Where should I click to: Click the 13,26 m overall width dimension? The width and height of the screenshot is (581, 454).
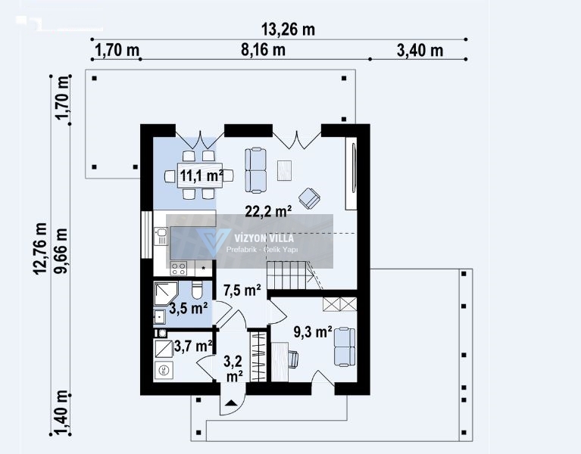coord(288,30)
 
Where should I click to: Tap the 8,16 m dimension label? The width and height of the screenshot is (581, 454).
coord(263,50)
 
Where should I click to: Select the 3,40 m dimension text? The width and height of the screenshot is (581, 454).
coord(420,51)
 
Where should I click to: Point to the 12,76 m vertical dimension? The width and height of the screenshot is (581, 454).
coord(40,248)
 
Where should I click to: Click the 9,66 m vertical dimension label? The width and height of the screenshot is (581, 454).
coord(61,250)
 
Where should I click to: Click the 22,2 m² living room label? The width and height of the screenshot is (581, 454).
coord(268,212)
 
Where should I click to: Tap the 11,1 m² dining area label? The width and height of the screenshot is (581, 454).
coord(201,175)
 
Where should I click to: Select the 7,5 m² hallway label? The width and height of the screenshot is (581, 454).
coord(242,291)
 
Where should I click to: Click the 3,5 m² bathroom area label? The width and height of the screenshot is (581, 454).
coord(188,308)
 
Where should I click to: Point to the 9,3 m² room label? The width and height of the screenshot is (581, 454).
coord(313,332)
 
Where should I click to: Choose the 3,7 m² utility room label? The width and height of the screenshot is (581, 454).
coord(193,347)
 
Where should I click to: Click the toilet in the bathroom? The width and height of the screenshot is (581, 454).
coord(197,289)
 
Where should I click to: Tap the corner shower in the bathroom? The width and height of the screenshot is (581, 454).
coord(166,294)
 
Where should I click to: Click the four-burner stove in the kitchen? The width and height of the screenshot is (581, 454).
coord(178,269)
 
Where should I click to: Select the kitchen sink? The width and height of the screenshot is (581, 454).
coord(161,236)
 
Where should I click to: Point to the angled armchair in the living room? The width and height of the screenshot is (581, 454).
coord(309,198)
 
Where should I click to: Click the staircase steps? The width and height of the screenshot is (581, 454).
coord(287,275)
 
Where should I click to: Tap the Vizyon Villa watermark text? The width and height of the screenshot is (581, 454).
coord(264,238)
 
